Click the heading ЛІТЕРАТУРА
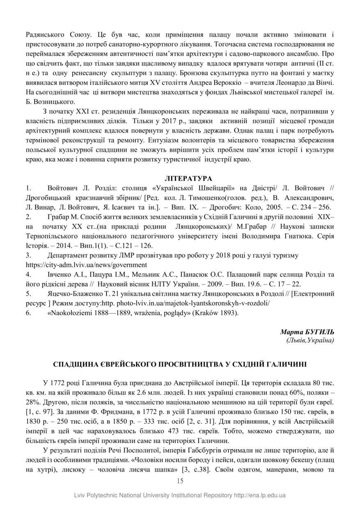[x=188, y=179]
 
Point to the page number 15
[x=180, y=481]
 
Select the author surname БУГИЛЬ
[x=320, y=332]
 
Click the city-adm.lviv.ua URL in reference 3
[x=86, y=265]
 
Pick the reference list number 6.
[x=28, y=313]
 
